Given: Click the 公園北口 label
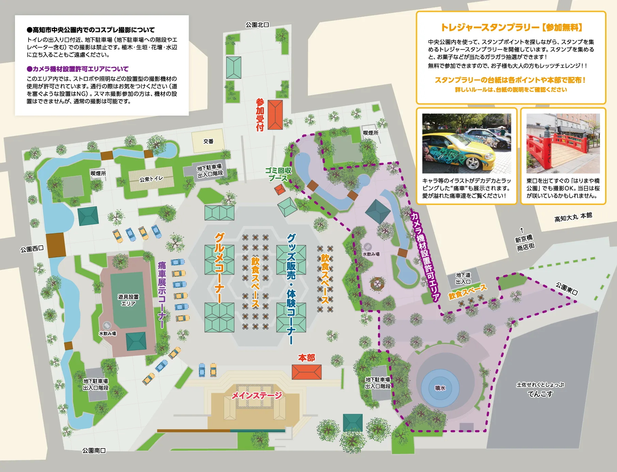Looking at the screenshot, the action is (x=257, y=25).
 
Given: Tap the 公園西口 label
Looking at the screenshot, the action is (x=32, y=249).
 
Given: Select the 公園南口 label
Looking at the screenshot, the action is (x=94, y=451).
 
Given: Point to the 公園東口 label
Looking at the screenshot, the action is (x=567, y=289).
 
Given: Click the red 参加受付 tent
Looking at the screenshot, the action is (x=275, y=115).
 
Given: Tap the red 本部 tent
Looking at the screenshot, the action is (x=306, y=372).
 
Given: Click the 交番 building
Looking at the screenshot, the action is (x=208, y=141).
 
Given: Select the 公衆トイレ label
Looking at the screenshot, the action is (x=151, y=179).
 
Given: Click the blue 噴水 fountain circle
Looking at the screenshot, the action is (x=440, y=388).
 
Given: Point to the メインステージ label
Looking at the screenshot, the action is (x=257, y=395).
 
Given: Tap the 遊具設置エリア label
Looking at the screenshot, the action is (x=128, y=300).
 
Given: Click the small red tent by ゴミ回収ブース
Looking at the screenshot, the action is (x=280, y=190).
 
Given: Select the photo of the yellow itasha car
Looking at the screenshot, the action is (x=466, y=144).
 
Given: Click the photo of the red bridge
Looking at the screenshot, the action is (x=563, y=144).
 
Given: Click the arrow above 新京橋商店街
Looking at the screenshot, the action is (x=522, y=230).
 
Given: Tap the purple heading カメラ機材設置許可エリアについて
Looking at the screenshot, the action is (x=78, y=69).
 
